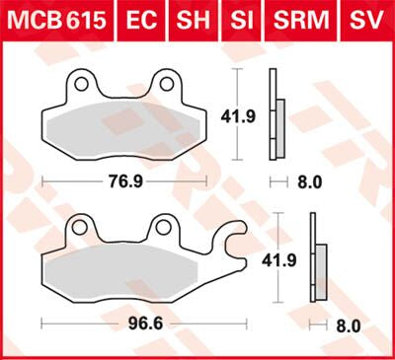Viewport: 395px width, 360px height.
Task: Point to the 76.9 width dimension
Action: pos(123,181)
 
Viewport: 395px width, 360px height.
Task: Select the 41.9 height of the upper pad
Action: pos(248,115)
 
